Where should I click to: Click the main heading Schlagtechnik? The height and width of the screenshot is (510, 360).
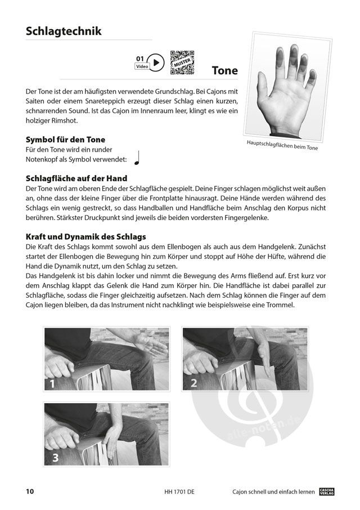pos(64,31)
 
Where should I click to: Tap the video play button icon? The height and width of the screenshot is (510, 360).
pos(156,62)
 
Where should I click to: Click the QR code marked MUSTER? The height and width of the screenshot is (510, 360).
pos(182,62)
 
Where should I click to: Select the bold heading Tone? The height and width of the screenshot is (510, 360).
pos(225,70)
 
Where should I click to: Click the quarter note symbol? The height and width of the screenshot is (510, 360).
pos(137,158)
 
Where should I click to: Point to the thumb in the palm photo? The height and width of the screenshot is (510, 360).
pos(263,84)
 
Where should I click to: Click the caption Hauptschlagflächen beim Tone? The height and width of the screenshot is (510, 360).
pos(282,145)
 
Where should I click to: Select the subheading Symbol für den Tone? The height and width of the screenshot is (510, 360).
pos(65,140)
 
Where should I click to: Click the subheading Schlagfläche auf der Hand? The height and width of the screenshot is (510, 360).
pos(76,178)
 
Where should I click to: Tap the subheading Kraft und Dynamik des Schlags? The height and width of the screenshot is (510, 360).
pos(85,236)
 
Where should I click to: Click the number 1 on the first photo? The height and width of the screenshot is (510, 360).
pos(52,384)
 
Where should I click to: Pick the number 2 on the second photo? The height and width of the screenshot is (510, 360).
pos(193,383)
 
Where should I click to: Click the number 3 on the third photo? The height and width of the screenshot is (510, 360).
pos(56,458)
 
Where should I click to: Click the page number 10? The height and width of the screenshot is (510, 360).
pos(30,491)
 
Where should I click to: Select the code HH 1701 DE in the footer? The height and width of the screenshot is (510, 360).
pos(179,492)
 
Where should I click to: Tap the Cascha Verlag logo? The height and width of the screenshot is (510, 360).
pos(327,491)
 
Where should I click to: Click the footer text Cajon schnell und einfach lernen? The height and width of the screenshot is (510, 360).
pos(273,492)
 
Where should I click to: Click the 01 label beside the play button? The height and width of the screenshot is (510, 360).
pos(139,59)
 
